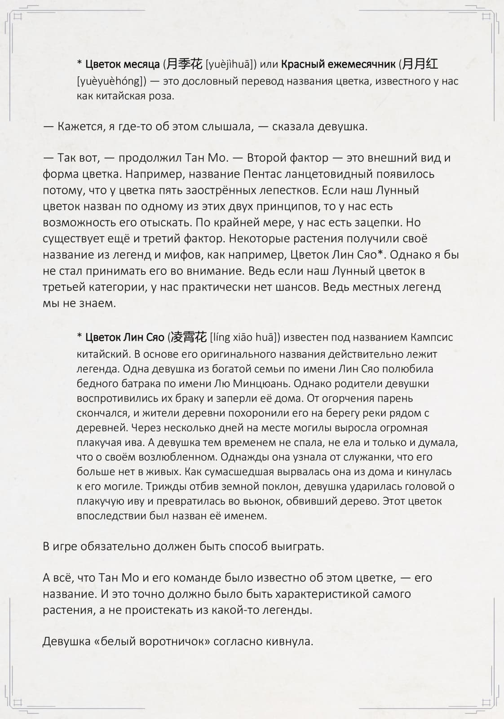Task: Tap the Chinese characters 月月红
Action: click(x=420, y=64)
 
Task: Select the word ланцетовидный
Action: click(x=324, y=174)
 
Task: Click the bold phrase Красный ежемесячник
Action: click(x=338, y=65)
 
